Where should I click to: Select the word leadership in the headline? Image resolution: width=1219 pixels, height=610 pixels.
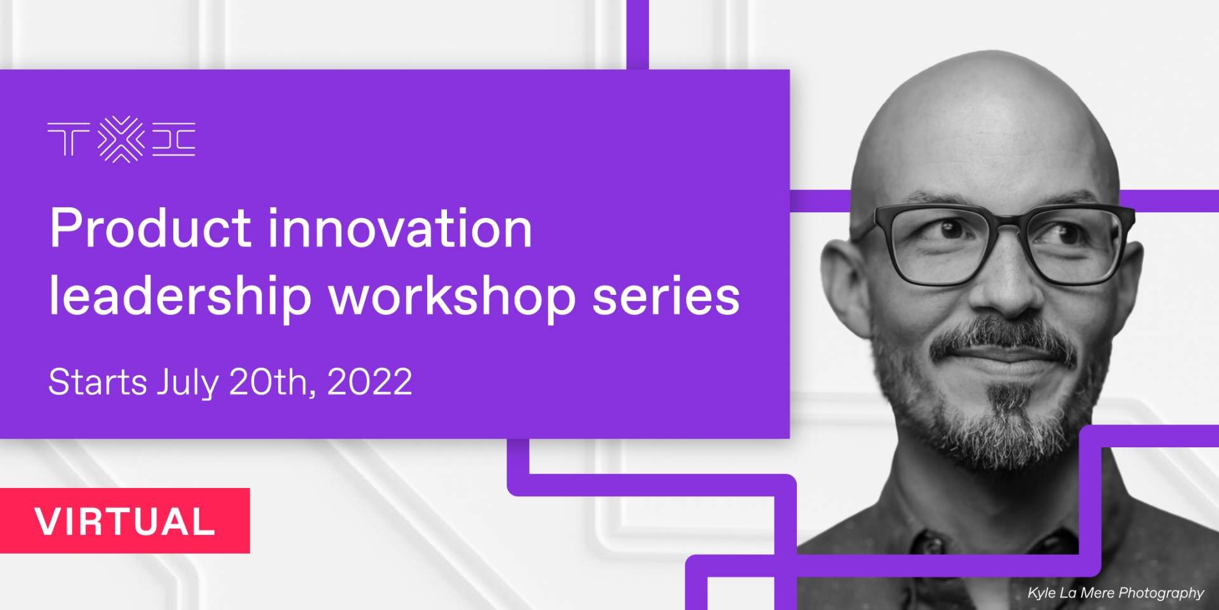(x=180, y=296)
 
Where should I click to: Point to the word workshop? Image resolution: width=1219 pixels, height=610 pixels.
(x=451, y=296)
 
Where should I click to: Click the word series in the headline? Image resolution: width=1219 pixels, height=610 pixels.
(x=666, y=296)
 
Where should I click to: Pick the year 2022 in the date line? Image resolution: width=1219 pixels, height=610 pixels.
(x=370, y=382)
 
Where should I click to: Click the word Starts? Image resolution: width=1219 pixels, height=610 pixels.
(x=98, y=382)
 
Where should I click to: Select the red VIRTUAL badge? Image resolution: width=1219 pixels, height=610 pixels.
(x=125, y=520)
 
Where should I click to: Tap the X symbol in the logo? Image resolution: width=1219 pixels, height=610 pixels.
(x=121, y=139)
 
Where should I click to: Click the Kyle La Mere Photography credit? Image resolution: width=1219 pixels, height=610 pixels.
(x=1116, y=592)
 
